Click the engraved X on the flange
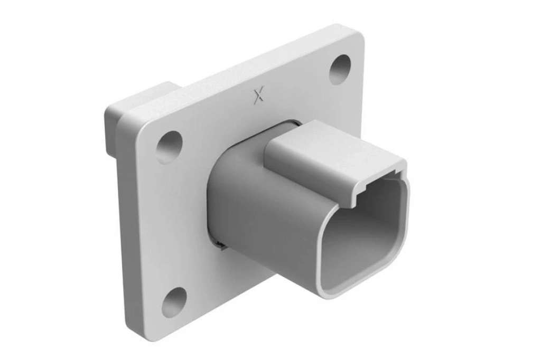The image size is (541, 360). tap(258, 95)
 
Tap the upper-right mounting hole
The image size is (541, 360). tap(340, 69)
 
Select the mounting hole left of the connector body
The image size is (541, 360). tap(169, 147)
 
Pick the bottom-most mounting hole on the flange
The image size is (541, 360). tap(174, 302)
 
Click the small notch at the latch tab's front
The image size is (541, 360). tap(359, 200)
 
